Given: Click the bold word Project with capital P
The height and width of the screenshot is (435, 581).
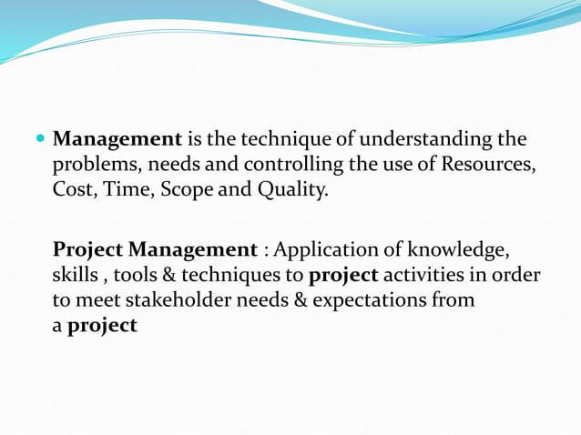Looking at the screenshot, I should (x=87, y=249).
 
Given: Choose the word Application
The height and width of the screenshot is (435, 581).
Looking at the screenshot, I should (x=337, y=249).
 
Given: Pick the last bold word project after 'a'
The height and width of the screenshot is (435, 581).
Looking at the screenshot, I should (x=102, y=326).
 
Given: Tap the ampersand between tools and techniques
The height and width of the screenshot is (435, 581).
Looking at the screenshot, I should (x=181, y=275).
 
